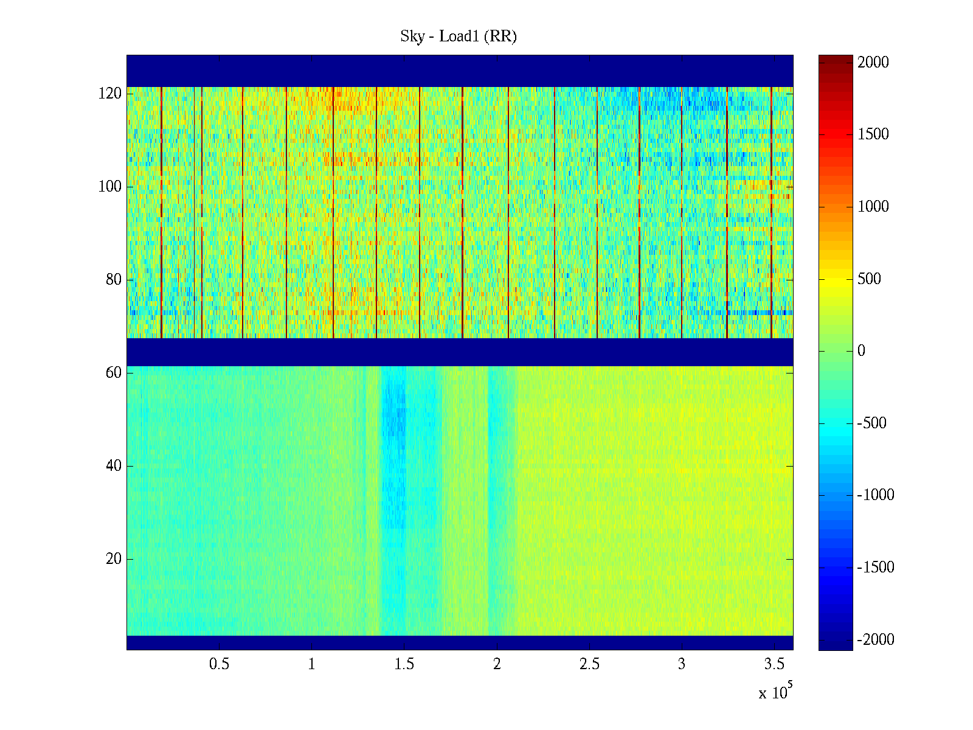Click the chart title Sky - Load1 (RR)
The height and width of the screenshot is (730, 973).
click(459, 36)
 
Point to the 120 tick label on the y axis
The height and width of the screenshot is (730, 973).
click(110, 94)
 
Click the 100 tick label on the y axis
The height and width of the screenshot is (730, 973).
click(110, 187)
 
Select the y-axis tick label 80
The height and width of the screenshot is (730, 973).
click(114, 280)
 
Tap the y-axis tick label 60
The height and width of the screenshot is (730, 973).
click(114, 373)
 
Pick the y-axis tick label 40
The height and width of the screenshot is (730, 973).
click(114, 466)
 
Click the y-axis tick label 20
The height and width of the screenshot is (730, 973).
click(114, 559)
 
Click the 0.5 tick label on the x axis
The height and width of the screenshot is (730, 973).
click(220, 664)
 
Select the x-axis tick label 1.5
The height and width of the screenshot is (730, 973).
click(404, 664)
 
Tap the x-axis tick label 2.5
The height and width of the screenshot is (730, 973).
click(589, 664)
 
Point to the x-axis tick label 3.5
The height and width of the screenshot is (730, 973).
click(774, 664)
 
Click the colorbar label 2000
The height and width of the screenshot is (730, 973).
click(873, 63)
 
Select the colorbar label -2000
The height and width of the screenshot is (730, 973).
click(876, 640)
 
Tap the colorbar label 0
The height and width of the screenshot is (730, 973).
click(861, 351)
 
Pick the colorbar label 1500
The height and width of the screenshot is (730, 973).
click(873, 134)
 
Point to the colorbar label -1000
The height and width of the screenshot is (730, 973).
click(876, 495)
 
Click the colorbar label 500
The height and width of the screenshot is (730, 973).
click(870, 279)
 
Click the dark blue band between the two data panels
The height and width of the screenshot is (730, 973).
click(460, 352)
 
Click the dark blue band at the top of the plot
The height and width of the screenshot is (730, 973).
click(460, 71)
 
